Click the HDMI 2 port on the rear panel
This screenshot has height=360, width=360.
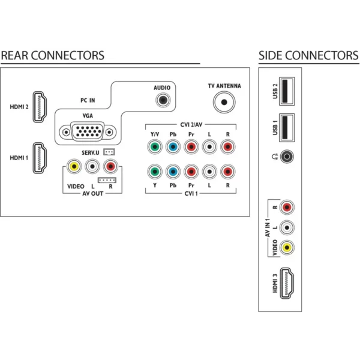pos(40,107)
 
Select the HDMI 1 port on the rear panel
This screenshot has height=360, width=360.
pos(40,158)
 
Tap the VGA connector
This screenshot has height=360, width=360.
pos(88,132)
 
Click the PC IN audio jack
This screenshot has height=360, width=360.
pos(163,100)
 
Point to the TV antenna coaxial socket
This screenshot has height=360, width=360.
pos(224,102)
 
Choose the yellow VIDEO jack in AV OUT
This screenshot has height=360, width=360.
pos(74,166)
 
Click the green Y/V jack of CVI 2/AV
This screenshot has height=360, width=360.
pos(155,146)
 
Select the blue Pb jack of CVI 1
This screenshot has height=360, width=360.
pos(173,172)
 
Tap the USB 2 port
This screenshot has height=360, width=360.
pos(287,91)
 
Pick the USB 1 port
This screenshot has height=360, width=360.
pos(287,128)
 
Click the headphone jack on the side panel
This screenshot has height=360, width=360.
pos(287,157)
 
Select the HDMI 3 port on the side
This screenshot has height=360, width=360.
pos(287,283)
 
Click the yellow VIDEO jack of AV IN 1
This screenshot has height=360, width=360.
pos(287,247)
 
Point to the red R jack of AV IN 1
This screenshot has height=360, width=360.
pos(287,208)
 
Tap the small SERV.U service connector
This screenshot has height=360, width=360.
pos(109,152)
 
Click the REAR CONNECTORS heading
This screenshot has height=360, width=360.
pos(53,56)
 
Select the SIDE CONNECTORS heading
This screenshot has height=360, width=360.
pos(308,56)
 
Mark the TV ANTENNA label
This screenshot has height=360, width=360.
pos(224,86)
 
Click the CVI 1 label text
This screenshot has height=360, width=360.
pos(191,194)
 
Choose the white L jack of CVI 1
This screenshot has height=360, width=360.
pos(209,172)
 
